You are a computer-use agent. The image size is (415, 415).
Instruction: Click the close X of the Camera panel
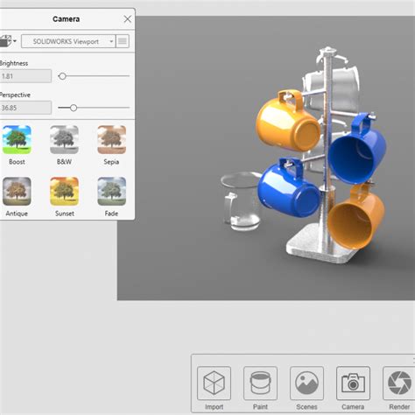pyautogui.click(x=128, y=18)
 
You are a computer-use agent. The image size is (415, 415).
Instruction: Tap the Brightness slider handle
pyautogui.click(x=62, y=76)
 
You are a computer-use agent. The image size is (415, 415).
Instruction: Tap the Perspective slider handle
pyautogui.click(x=74, y=108)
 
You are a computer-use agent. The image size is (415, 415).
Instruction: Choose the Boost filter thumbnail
pyautogui.click(x=18, y=140)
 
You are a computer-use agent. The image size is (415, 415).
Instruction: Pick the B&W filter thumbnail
pyautogui.click(x=64, y=140)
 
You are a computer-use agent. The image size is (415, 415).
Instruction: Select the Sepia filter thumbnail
pyautogui.click(x=111, y=140)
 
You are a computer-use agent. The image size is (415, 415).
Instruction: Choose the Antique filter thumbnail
pyautogui.click(x=18, y=191)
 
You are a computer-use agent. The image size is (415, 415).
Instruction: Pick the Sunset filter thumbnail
pyautogui.click(x=64, y=191)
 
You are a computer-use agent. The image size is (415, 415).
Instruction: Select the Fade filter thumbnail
pyautogui.click(x=111, y=191)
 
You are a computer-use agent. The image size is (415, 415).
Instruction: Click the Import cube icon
pyautogui.click(x=215, y=383)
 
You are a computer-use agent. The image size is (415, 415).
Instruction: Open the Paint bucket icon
pyautogui.click(x=260, y=383)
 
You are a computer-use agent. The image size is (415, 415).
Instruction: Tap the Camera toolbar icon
pyautogui.click(x=353, y=383)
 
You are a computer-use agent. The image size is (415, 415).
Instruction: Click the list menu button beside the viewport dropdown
pyautogui.click(x=123, y=41)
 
